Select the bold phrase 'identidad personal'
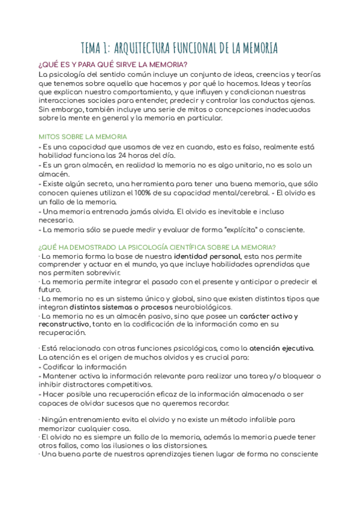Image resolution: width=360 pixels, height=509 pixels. pos(208,256)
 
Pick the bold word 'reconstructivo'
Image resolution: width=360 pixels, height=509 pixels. pos(64,324)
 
